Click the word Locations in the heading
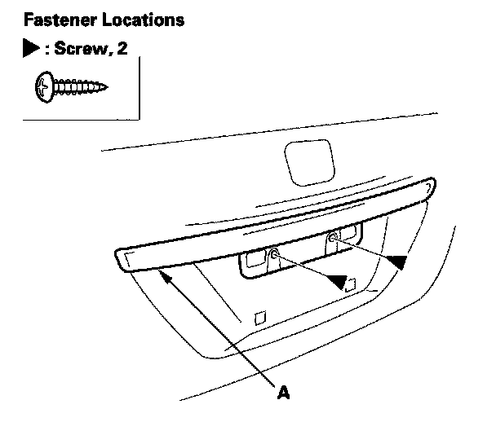click(141, 17)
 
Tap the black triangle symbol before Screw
click(31, 49)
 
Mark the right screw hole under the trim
click(333, 239)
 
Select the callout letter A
click(283, 393)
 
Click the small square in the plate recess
click(259, 317)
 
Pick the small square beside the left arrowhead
click(351, 284)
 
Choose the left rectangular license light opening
click(254, 260)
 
